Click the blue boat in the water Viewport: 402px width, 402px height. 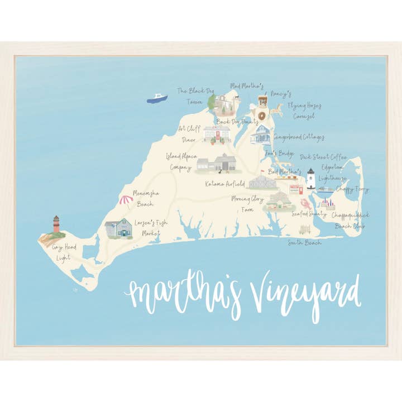pos(157,98)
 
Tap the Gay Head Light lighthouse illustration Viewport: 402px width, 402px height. pos(56,224)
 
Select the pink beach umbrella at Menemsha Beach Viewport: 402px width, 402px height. pos(125,198)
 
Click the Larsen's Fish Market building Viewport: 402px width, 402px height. pos(118,228)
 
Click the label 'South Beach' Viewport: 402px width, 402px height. pos(305,242)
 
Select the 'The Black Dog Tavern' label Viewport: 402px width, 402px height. pos(195,95)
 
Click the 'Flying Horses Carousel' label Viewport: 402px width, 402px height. pos(304,110)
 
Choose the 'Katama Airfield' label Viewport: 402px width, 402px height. pos(225,183)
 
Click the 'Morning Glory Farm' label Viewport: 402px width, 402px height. pos(248,204)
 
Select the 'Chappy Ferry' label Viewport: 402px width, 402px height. pos(352,189)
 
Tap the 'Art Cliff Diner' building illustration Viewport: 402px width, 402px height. pos(217,134)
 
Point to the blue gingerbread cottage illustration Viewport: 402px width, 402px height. pos(260,134)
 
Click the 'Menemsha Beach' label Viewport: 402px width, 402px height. pos(147,198)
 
